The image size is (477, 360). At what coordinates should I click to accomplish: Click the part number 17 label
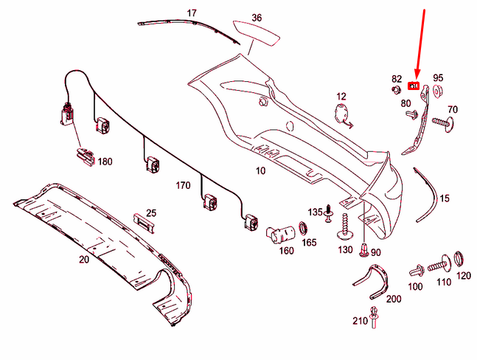click(192, 13)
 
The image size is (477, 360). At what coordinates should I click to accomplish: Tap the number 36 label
click(257, 18)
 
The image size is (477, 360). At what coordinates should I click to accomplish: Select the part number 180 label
click(105, 162)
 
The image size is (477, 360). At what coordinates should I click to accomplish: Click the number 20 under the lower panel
click(83, 259)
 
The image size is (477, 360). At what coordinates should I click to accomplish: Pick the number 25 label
click(150, 212)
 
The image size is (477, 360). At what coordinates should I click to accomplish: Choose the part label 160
click(286, 251)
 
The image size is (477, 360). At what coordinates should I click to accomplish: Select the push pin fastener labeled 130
click(344, 229)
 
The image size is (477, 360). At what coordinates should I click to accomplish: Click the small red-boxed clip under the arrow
click(414, 86)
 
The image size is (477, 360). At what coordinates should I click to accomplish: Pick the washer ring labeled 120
click(459, 259)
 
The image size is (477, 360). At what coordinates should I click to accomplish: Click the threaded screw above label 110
click(439, 261)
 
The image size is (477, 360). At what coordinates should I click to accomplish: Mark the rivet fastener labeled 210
click(376, 318)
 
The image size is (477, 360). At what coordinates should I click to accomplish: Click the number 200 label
click(393, 300)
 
